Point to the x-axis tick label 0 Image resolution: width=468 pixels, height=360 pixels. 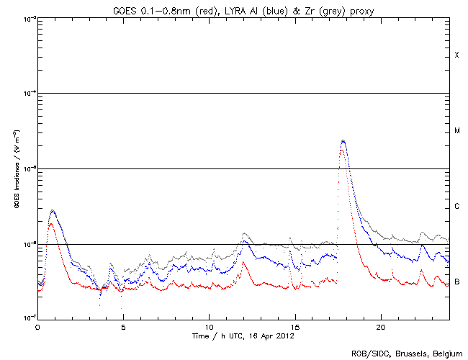point(37,327)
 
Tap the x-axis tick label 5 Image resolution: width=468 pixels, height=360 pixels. point(123,327)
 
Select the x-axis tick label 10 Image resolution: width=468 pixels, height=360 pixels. point(209,327)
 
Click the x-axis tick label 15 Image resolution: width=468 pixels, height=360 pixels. point(294,327)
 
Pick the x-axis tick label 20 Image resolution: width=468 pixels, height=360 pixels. point(380,327)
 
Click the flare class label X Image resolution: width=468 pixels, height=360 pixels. point(456,55)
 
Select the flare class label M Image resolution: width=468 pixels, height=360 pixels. point(456,131)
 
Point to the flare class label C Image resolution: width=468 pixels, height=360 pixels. point(456,207)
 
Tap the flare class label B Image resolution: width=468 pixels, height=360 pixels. point(456,281)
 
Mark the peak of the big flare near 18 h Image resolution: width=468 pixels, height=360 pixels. point(343,141)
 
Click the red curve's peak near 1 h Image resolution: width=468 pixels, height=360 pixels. point(50,224)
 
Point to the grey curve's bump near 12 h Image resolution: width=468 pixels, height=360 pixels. point(245,234)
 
